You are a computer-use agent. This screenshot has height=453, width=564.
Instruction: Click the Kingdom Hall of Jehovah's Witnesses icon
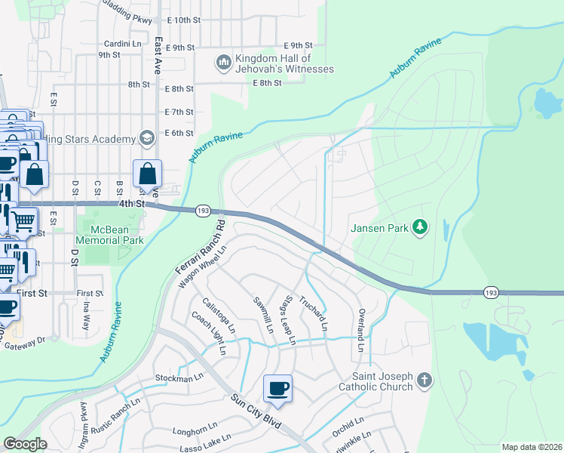[x=223, y=61]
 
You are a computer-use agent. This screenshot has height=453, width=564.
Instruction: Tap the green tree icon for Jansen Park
[x=421, y=226]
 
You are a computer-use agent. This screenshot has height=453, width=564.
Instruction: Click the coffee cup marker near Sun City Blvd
[x=277, y=388]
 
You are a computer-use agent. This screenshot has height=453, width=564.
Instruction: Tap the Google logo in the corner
[x=25, y=444]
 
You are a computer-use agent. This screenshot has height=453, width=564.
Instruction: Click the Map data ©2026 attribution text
[x=532, y=447]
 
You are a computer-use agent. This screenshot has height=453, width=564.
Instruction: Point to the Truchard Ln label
[x=315, y=313]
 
